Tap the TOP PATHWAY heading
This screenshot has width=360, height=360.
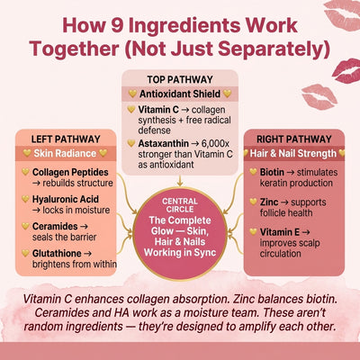[x=180, y=79]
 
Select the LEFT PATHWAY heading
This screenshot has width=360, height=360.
[x=66, y=139]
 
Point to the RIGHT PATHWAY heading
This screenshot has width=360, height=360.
[x=294, y=139]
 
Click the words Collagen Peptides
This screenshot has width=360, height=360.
[x=70, y=172]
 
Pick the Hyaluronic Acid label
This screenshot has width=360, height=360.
[x=66, y=199]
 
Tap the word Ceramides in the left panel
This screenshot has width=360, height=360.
[x=55, y=226]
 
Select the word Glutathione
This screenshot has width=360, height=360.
[x=57, y=253]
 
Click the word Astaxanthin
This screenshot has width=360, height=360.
[x=164, y=144]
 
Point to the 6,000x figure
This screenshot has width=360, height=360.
[x=215, y=144]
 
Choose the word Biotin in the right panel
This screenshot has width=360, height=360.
[x=272, y=172]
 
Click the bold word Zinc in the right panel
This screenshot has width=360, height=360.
[x=269, y=202]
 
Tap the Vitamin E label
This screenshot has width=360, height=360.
[x=280, y=232]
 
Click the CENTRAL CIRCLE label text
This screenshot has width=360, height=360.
[x=180, y=205]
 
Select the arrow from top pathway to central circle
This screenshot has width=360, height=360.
[x=180, y=181]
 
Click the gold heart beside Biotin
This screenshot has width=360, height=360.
[x=254, y=172]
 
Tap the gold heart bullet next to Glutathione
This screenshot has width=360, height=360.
[x=25, y=253]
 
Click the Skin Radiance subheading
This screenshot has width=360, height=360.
[x=65, y=153]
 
